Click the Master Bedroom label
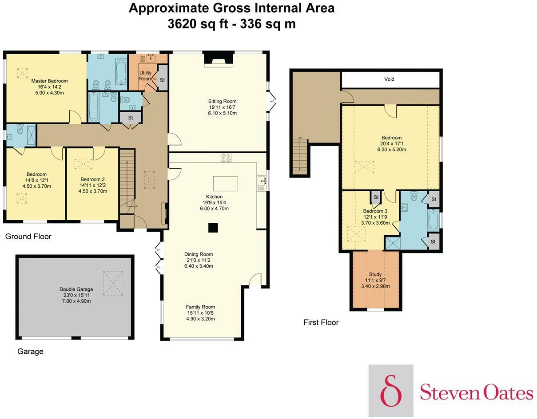(49, 81)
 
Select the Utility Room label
(145, 75)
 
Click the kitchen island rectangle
(225, 183)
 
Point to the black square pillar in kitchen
(213, 228)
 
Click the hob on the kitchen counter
(226, 158)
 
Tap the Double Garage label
(75, 289)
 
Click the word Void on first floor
(389, 79)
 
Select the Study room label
(375, 274)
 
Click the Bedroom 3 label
(375, 211)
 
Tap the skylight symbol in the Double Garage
(113, 283)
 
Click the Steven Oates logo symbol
(391, 391)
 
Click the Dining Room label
(199, 254)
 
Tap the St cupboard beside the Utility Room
(162, 80)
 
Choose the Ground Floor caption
(28, 237)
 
